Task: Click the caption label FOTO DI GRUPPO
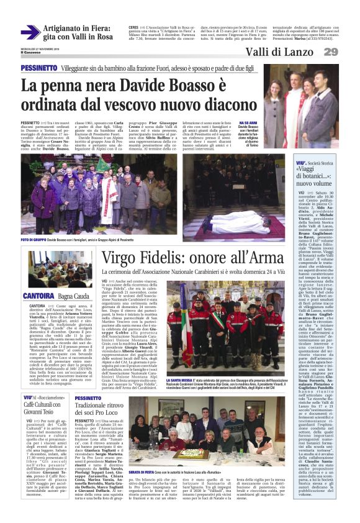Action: pyautogui.click(x=35, y=240)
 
